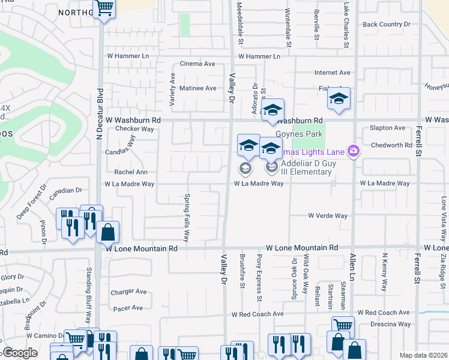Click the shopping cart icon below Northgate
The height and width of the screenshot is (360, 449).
(x=104, y=8)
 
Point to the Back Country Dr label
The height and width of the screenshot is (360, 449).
(x=386, y=25)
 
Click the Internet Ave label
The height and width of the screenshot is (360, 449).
(x=332, y=73)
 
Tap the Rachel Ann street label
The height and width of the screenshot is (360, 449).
(x=130, y=172)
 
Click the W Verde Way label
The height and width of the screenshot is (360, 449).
(x=328, y=215)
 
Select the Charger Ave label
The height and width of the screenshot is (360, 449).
(x=128, y=292)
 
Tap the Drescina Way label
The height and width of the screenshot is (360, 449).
(x=391, y=324)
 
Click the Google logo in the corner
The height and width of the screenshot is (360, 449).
(x=19, y=353)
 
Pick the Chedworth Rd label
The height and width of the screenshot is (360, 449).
(x=391, y=145)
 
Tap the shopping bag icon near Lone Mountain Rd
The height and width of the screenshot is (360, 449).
(x=107, y=232)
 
